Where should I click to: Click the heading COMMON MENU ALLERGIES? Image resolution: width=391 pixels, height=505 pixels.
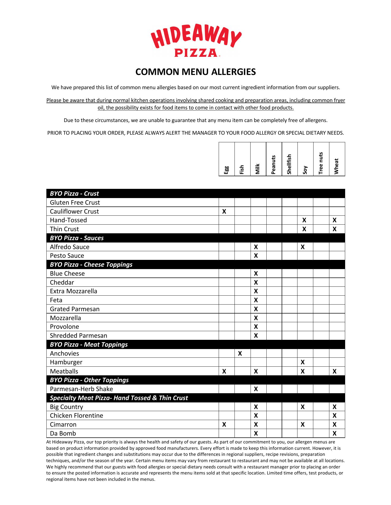pos(195,72)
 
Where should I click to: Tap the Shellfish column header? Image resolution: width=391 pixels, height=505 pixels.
pos(289,164)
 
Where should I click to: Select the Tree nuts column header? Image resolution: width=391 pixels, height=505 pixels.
pos(321,163)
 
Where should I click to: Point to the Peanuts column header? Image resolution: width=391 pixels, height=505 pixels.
pos(273,165)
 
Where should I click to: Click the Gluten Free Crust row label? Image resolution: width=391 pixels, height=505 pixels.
pos(75,203)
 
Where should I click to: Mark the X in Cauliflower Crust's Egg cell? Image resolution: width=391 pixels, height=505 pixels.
pos(224,211)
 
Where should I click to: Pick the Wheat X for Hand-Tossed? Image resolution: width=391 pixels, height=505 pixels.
pos(335,220)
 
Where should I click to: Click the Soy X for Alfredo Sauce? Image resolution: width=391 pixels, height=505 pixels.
pos(303,247)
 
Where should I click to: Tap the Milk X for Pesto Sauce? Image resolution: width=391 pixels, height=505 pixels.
pos(256,256)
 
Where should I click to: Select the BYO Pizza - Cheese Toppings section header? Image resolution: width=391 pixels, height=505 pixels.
pos(91,265)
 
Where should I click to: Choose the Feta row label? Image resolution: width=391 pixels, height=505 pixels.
pos(56,300)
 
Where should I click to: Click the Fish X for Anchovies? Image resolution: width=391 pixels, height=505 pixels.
pos(240,353)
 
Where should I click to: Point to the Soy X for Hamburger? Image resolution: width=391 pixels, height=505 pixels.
pos(303,362)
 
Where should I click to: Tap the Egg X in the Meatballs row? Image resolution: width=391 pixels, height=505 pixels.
pos(224,371)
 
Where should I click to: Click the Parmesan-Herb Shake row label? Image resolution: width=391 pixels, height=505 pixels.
pos(81,389)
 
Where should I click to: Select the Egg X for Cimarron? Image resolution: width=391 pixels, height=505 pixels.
pos(224,425)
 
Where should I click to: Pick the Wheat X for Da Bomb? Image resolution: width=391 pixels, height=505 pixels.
pos(335,433)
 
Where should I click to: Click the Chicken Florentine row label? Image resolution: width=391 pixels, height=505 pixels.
pos(76,416)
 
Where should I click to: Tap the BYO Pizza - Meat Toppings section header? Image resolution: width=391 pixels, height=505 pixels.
pos(89,345)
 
